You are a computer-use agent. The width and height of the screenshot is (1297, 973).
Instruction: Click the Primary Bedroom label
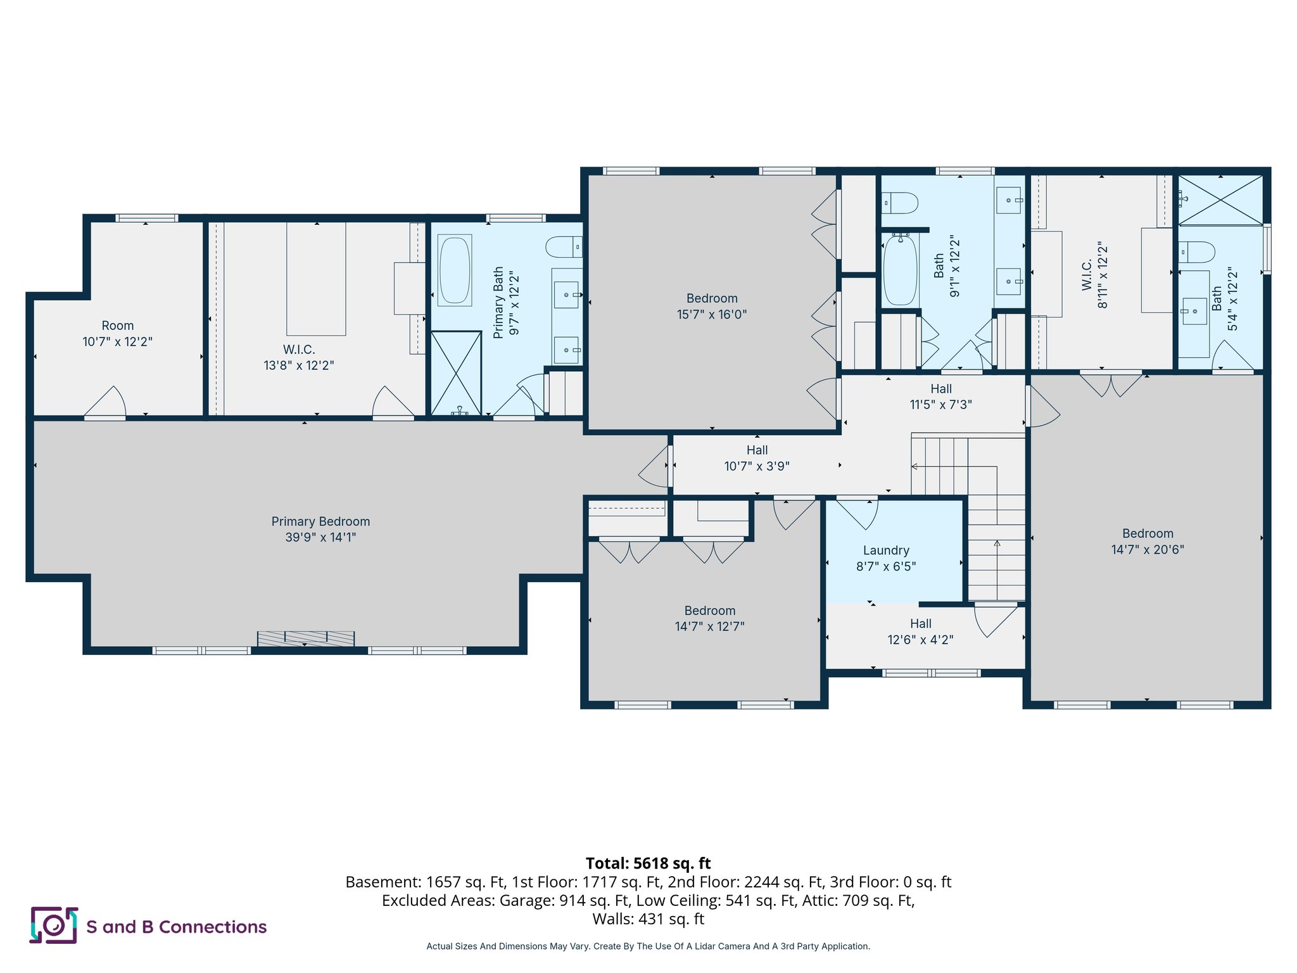[x=320, y=521]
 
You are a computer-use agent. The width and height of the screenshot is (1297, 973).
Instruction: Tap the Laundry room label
[x=886, y=550]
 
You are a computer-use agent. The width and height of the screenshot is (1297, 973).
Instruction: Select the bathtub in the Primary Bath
[x=455, y=270]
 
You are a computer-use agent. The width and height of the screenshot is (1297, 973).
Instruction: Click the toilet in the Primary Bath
[x=564, y=247]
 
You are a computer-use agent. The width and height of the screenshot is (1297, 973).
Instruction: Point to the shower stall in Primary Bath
[x=456, y=373]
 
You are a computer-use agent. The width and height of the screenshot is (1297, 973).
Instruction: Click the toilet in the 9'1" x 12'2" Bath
[x=899, y=203]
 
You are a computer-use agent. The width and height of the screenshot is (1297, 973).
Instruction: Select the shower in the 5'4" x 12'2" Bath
[x=1220, y=200]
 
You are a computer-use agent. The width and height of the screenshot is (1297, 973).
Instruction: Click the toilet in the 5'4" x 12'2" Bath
[x=1196, y=252]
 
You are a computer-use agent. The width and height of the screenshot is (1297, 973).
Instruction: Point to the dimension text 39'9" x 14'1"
[x=320, y=538]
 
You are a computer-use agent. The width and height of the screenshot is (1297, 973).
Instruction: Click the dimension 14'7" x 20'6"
[x=1148, y=550]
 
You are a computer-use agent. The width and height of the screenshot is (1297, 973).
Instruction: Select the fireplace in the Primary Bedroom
[x=306, y=638]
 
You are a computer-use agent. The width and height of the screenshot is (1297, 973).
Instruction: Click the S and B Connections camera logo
[x=54, y=925]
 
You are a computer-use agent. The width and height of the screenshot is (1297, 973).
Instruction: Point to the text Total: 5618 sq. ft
[x=648, y=863]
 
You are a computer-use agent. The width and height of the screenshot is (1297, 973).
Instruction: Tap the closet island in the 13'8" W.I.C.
[x=316, y=279]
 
